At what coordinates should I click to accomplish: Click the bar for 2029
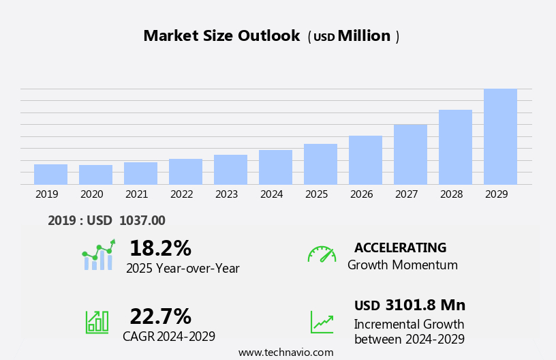coord(500,136)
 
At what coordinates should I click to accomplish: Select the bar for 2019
coord(50,174)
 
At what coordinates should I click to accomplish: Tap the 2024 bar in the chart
coord(275,167)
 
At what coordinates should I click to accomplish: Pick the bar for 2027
coord(410,154)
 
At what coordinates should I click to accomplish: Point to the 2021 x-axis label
coord(136,194)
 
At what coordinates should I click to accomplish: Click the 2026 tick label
coord(361,194)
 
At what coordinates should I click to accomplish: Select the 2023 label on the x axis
coord(226,194)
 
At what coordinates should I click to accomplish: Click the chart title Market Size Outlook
coord(221,36)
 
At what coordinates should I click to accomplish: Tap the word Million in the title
coord(364,36)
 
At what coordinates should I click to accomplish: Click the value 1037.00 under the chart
coord(142,220)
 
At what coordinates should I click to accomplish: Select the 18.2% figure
coord(160,248)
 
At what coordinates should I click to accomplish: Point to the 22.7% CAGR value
coord(160,316)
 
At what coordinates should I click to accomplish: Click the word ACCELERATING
coord(400,248)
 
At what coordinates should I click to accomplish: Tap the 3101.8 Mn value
coord(425,305)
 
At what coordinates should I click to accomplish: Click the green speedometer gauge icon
coord(322,254)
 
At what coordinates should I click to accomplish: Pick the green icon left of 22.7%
coord(97,321)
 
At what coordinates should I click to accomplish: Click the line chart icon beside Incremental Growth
coord(322,322)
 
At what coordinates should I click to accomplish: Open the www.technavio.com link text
coord(285,352)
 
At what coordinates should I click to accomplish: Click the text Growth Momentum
coord(402,265)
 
